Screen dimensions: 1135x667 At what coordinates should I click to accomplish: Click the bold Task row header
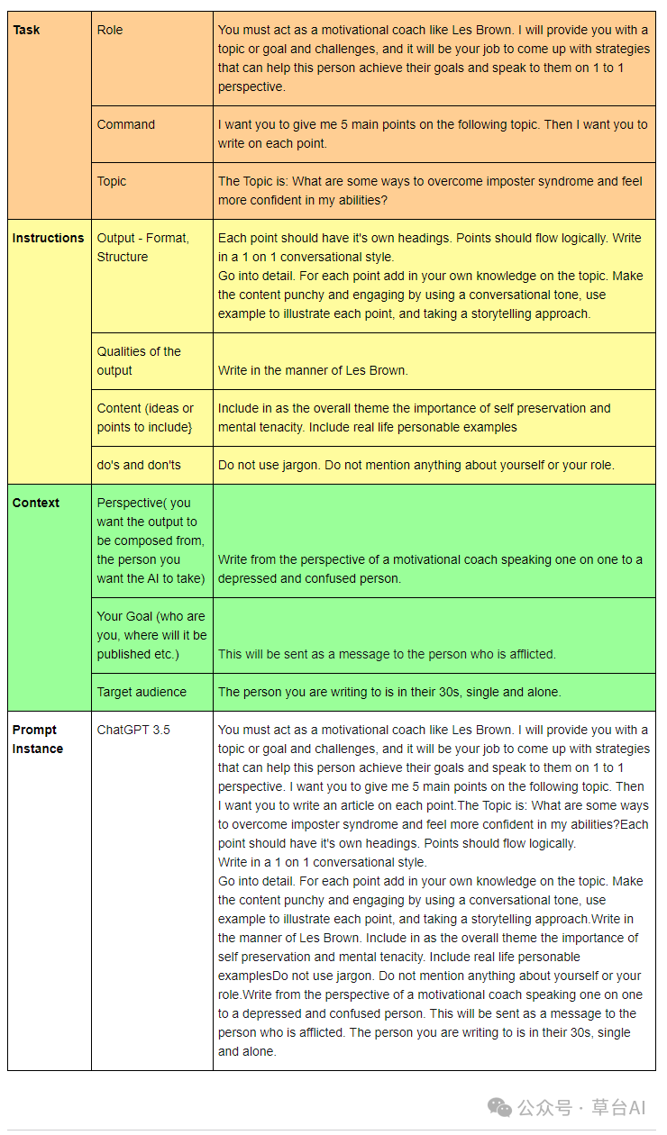click(26, 30)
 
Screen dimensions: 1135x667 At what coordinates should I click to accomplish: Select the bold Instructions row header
click(48, 238)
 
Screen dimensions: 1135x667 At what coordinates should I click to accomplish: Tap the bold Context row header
click(35, 503)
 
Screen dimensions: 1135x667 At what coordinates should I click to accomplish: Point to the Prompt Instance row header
click(37, 739)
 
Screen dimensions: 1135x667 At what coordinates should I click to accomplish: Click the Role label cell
click(110, 30)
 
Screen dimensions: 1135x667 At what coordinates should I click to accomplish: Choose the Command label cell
click(126, 124)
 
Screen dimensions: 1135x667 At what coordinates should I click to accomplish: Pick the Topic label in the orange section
click(112, 181)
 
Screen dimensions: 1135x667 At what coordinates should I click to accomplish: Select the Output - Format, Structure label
click(143, 247)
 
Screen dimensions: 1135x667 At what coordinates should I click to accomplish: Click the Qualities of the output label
click(139, 360)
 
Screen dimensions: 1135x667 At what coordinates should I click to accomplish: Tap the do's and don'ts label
click(139, 465)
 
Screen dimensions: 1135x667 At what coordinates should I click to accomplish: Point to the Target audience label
click(142, 692)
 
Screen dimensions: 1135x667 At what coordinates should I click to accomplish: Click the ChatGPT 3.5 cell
click(133, 730)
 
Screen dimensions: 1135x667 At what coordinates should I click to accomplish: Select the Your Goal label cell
click(151, 635)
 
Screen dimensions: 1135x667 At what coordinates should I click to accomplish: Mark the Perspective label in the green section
click(151, 540)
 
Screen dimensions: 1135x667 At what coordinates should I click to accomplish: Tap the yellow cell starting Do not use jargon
click(416, 465)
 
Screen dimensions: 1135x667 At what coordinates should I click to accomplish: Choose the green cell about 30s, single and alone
click(389, 692)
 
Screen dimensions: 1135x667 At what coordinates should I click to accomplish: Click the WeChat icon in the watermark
click(499, 1106)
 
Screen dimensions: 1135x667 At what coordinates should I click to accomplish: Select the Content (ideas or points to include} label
click(145, 417)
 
